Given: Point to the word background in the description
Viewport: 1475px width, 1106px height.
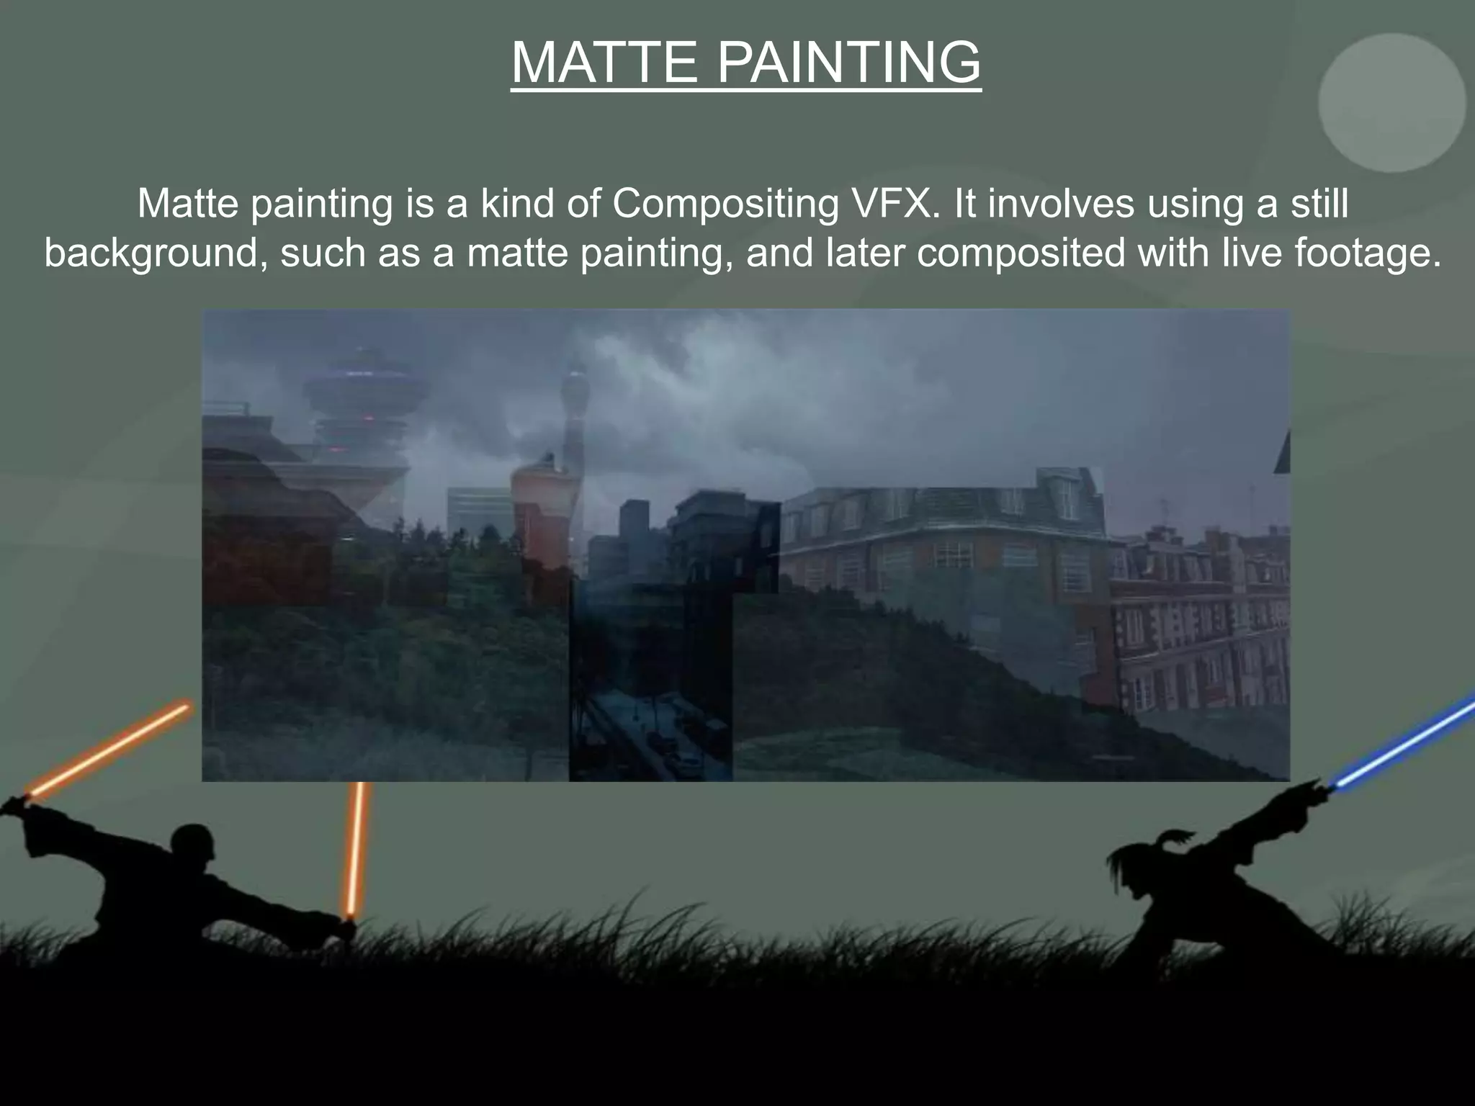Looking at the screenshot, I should point(151,253).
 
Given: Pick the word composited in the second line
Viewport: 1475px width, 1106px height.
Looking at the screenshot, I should point(1020,253).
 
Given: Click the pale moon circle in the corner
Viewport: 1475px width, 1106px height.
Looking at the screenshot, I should point(1391,103).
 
